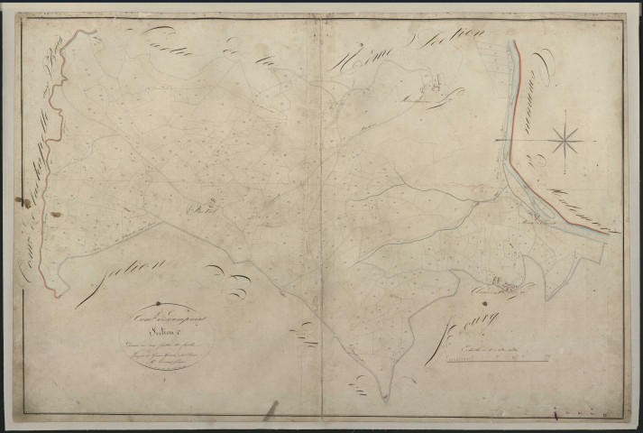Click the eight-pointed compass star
(x=565, y=139)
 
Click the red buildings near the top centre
(x=429, y=88)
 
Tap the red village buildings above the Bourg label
(x=509, y=287)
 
